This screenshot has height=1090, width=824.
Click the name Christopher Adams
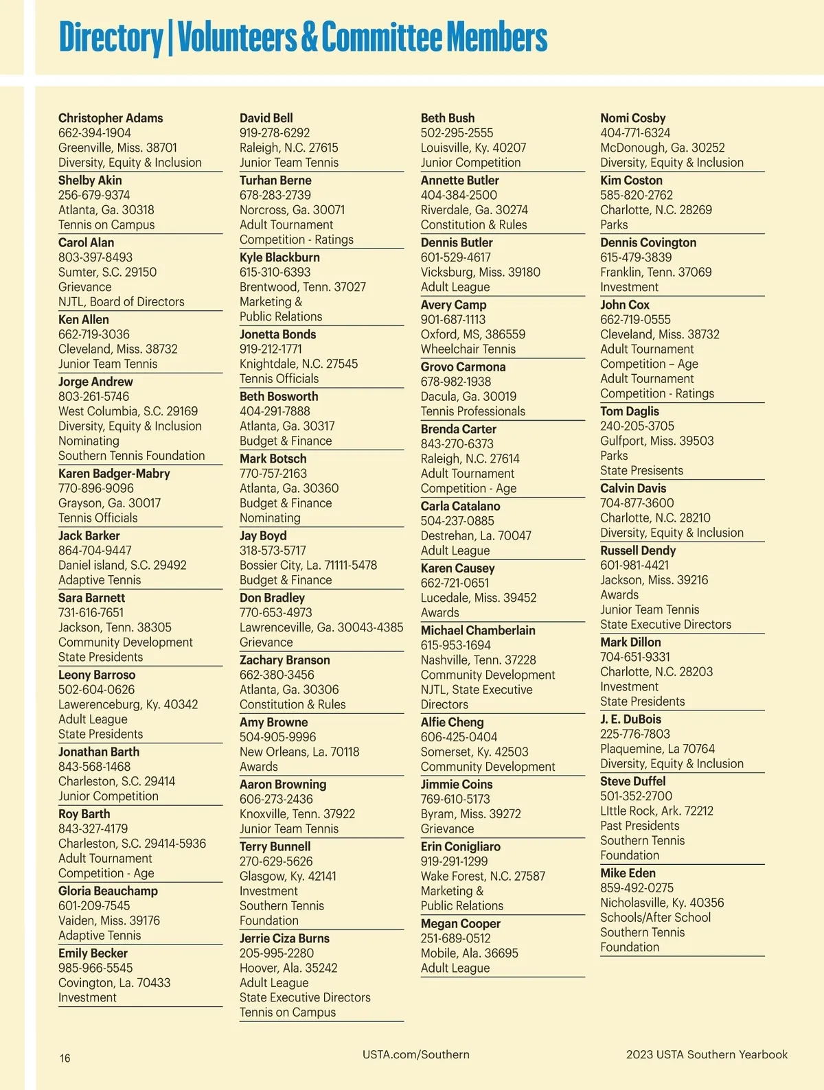coord(111,118)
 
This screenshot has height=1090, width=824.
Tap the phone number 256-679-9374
coord(94,195)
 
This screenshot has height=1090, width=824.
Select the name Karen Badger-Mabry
coord(114,474)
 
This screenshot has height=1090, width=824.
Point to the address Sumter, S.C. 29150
coord(107,272)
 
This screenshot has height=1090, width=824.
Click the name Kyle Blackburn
coord(279,257)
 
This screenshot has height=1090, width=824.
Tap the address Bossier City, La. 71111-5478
coord(308,565)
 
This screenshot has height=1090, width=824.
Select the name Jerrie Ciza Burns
coord(284,938)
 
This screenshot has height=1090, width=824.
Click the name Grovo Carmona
coord(463,367)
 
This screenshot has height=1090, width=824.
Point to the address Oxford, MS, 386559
coord(473,334)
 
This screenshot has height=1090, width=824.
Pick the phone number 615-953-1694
coord(456,645)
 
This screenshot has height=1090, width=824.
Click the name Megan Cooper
coord(461,924)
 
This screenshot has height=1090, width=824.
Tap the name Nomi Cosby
coord(633,118)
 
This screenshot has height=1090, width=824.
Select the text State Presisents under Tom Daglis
coord(641,470)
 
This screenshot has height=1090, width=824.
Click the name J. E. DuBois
coord(631,719)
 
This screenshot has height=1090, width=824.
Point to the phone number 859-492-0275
coord(637,888)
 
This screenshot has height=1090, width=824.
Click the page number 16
coord(65,1058)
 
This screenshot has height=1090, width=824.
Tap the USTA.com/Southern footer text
coord(416,1054)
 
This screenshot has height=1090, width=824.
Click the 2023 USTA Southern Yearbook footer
coord(707,1054)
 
